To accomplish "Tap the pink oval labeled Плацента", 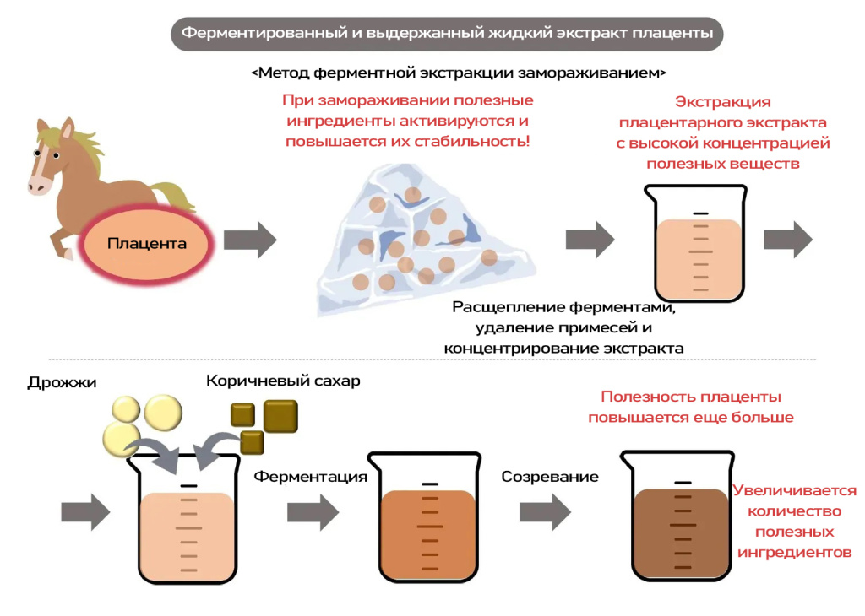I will pyautogui.click(x=146, y=244).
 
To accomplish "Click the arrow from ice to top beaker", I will pyautogui.click(x=590, y=240).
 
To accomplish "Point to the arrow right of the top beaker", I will pyautogui.click(x=788, y=240).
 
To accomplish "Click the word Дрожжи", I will pyautogui.click(x=62, y=383).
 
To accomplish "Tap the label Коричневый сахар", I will pyautogui.click(x=283, y=381).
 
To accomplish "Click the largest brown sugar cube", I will pyautogui.click(x=280, y=416).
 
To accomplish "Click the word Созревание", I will pyautogui.click(x=550, y=477).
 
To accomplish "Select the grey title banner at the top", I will pyautogui.click(x=447, y=34).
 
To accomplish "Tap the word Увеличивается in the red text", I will pyautogui.click(x=794, y=490).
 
